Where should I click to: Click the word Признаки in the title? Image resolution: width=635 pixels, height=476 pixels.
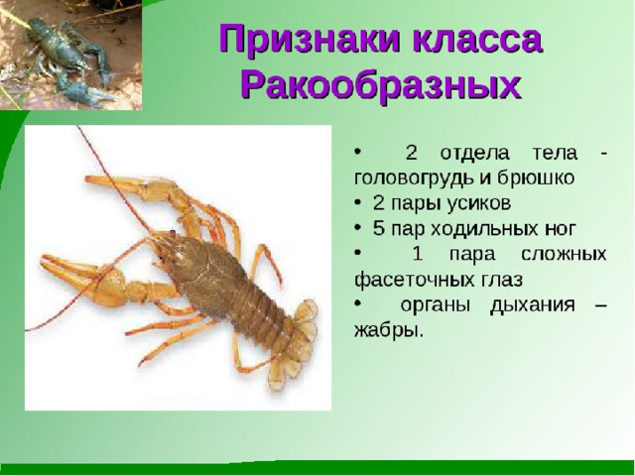(312, 40)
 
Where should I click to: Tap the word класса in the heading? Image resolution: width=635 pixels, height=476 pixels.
(478, 40)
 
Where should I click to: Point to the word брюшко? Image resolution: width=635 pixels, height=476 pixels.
(536, 178)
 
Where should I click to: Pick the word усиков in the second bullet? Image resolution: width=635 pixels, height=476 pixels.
(479, 203)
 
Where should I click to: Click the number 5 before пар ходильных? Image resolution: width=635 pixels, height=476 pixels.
(378, 229)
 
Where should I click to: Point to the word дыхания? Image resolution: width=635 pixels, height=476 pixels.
(532, 305)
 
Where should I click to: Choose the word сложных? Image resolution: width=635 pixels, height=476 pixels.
(564, 255)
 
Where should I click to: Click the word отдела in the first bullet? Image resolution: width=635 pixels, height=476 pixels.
(474, 154)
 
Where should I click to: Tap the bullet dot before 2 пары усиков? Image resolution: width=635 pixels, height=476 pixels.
(357, 203)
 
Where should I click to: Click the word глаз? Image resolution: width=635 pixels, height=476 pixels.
(502, 280)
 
